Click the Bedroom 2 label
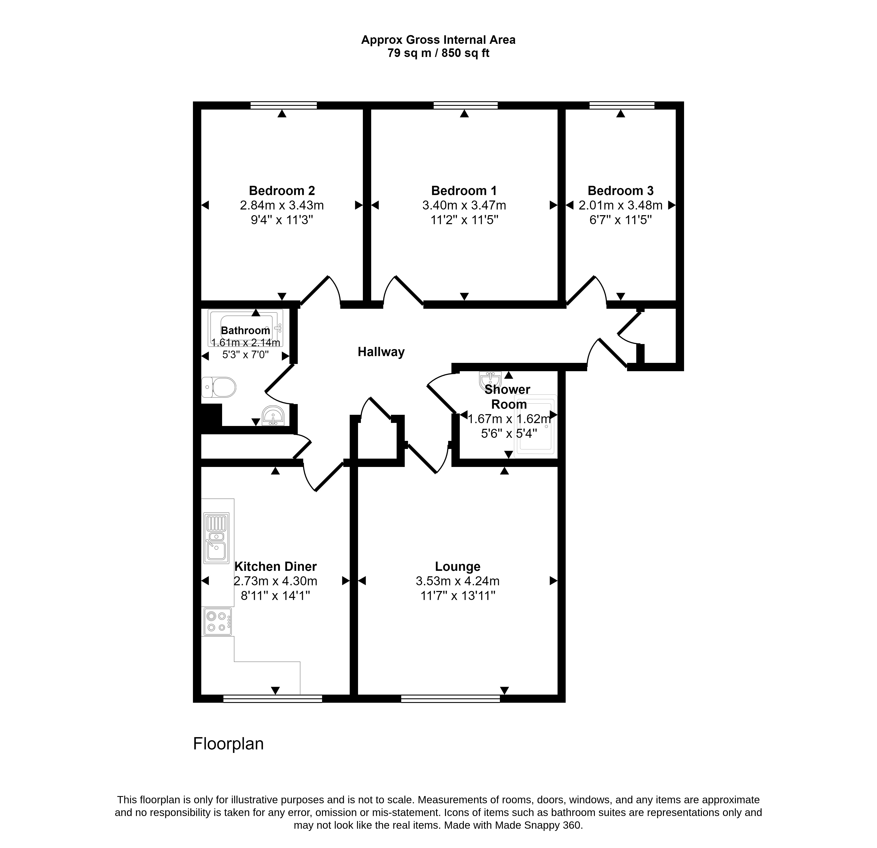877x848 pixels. (x=282, y=191)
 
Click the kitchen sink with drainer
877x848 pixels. (x=217, y=538)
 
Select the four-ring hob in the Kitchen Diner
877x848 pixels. (x=217, y=621)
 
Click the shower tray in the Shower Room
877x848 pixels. (x=536, y=426)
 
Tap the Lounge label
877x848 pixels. (x=458, y=567)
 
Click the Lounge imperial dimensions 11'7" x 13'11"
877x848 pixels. (x=458, y=596)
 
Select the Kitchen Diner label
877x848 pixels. (x=276, y=567)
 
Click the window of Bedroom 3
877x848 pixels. (x=622, y=106)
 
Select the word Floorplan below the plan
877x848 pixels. (x=228, y=744)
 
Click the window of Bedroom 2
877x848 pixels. (x=284, y=106)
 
